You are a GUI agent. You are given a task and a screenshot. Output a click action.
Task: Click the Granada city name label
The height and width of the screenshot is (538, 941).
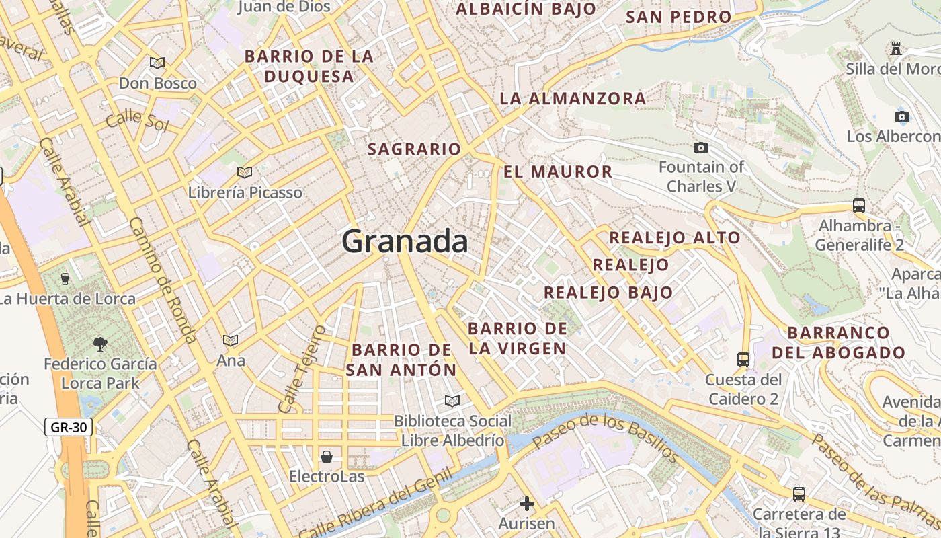click(405, 241)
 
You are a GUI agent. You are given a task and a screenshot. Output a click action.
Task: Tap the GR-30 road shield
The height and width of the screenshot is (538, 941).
click(69, 426)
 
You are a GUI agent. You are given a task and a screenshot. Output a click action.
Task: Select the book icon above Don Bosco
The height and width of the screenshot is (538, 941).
click(157, 63)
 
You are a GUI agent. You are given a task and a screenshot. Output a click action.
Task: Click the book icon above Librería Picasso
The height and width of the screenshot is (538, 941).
click(245, 172)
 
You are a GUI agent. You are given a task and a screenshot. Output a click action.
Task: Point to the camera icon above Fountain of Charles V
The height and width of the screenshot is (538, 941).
click(700, 147)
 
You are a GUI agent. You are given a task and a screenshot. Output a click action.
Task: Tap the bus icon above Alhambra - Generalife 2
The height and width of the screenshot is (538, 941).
click(858, 205)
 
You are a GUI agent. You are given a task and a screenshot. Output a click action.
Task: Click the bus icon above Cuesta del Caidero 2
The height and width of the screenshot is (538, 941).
click(743, 359)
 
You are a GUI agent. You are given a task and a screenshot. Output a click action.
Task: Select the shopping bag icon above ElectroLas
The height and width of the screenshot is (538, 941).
click(327, 457)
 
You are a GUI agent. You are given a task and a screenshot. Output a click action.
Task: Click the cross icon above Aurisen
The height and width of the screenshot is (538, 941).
click(527, 503)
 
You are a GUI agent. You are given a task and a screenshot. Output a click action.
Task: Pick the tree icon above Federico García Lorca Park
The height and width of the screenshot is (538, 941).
click(100, 344)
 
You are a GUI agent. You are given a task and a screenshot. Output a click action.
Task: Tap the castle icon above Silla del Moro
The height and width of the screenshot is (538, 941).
click(895, 48)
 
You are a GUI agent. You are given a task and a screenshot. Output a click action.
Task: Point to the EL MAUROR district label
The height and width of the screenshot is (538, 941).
click(558, 171)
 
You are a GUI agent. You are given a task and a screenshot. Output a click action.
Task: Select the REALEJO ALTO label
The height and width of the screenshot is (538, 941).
click(674, 237)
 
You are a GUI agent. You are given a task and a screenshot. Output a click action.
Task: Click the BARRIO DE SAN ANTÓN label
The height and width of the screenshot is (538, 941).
click(401, 360)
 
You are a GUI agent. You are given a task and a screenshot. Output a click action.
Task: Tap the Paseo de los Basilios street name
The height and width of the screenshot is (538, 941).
click(604, 436)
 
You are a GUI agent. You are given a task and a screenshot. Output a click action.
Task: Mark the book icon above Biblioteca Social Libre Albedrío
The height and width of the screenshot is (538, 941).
click(452, 401)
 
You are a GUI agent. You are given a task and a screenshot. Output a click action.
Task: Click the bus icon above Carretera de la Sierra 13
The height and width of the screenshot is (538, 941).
click(799, 494)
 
